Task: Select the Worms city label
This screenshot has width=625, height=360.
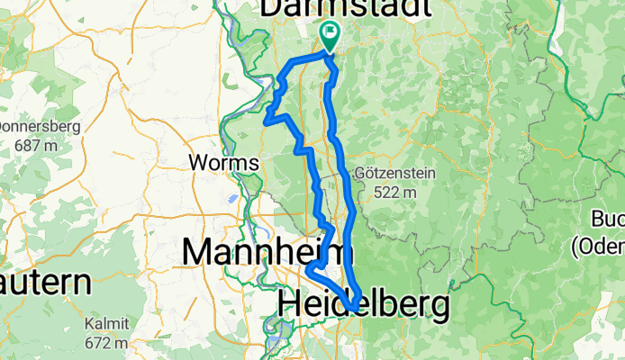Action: [x=224, y=164]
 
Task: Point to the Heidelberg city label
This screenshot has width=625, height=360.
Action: [x=364, y=305]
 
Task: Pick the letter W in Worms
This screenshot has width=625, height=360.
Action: [x=199, y=164]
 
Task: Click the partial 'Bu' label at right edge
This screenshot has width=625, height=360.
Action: [x=608, y=219]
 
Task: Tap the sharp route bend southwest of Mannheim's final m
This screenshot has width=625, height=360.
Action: [x=308, y=270]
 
